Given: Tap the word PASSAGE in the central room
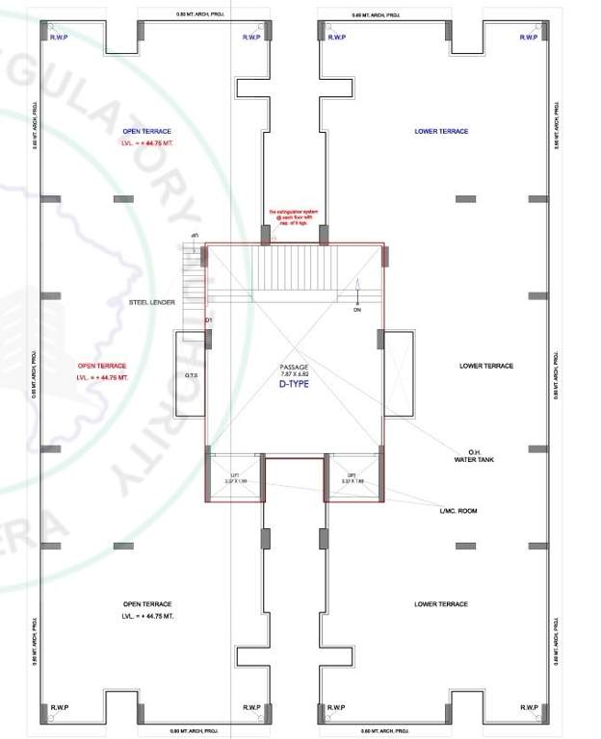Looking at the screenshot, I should point(293,366).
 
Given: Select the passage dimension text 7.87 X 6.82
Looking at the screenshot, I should point(293,373).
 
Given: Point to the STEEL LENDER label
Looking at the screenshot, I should point(155,302).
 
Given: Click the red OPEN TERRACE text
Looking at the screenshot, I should point(101,366).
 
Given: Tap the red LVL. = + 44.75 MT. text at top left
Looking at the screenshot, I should point(145,142).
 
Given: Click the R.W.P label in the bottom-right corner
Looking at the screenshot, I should point(529,707).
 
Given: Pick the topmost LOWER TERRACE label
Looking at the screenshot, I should point(441,131).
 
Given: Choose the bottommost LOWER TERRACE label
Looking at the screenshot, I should point(441,604).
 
